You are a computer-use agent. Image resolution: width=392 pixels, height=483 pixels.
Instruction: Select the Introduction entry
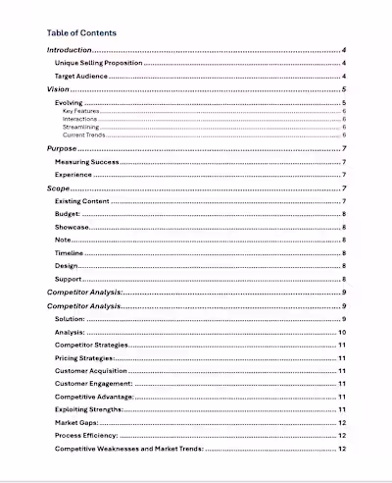(x=70, y=50)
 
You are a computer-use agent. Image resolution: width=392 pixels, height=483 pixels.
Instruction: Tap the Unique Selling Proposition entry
(x=99, y=63)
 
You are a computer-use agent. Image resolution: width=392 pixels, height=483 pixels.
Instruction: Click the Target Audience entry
(x=80, y=76)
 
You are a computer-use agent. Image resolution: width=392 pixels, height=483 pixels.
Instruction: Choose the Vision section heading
(x=59, y=89)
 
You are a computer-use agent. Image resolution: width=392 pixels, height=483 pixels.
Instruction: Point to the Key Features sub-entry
(x=78, y=112)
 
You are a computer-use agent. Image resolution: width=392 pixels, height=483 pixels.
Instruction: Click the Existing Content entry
(x=81, y=200)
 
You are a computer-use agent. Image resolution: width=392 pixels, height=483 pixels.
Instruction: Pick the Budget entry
(x=68, y=214)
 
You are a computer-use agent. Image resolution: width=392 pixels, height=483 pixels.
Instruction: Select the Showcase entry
(x=72, y=227)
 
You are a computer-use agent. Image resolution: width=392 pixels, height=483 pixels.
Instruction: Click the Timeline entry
(x=70, y=253)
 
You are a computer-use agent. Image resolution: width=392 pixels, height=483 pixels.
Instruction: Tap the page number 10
(x=342, y=333)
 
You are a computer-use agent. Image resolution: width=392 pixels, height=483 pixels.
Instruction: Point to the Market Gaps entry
(x=77, y=422)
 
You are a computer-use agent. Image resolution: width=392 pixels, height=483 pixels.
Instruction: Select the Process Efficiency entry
(x=86, y=435)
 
